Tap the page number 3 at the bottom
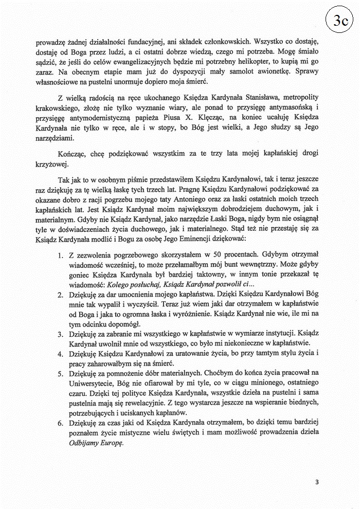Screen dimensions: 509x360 tap(317, 482)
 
